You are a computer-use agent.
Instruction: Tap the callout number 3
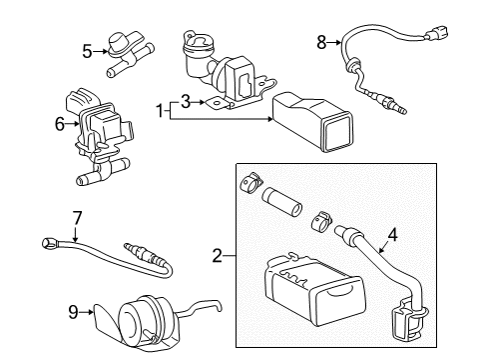tap(185, 100)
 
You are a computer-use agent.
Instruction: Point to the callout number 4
tap(393, 236)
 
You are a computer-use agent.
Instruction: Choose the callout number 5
tap(87, 50)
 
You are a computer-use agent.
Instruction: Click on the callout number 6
tap(59, 123)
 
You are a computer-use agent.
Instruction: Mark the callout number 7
tap(74, 216)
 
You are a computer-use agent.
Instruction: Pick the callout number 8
tap(321, 42)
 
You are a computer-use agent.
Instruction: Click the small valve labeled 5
tap(124, 54)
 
